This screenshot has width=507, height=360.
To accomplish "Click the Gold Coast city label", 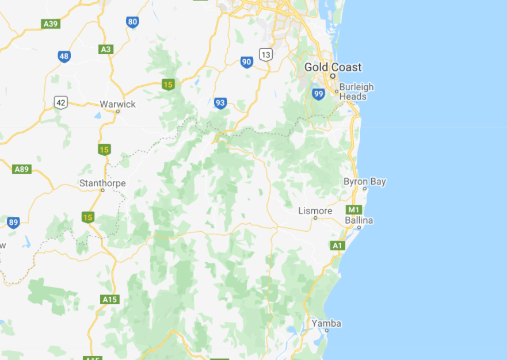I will pos(333,67).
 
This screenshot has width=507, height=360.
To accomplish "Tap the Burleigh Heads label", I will pos(356,92).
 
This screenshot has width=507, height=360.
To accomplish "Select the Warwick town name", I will pos(117,104).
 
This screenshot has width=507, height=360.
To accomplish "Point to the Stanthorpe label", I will pos(102,183).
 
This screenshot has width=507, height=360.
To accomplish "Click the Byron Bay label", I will pos(364,182).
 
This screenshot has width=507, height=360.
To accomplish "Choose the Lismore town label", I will pos(315,211).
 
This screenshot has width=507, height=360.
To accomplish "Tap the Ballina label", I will pos(359,221).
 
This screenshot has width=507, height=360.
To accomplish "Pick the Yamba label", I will pos(326,323).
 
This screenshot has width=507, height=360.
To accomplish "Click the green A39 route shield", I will pos(51,24).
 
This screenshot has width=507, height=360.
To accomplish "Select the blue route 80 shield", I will pos(132,22).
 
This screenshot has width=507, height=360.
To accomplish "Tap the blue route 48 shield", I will pos(64,56).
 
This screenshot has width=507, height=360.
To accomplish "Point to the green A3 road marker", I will pos(105,49).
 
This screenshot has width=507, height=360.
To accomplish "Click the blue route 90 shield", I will pos(247,62).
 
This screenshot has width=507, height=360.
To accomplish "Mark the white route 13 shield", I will pos(265,55).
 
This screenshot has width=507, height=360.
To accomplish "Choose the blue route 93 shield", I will pos(220,103).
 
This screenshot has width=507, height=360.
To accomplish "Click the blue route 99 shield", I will pos(318,94).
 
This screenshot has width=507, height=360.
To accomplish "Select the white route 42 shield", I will pos(61,103).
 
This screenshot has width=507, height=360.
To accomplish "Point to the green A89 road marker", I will pos(22,169).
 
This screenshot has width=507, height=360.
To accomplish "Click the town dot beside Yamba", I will pos(326,331).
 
